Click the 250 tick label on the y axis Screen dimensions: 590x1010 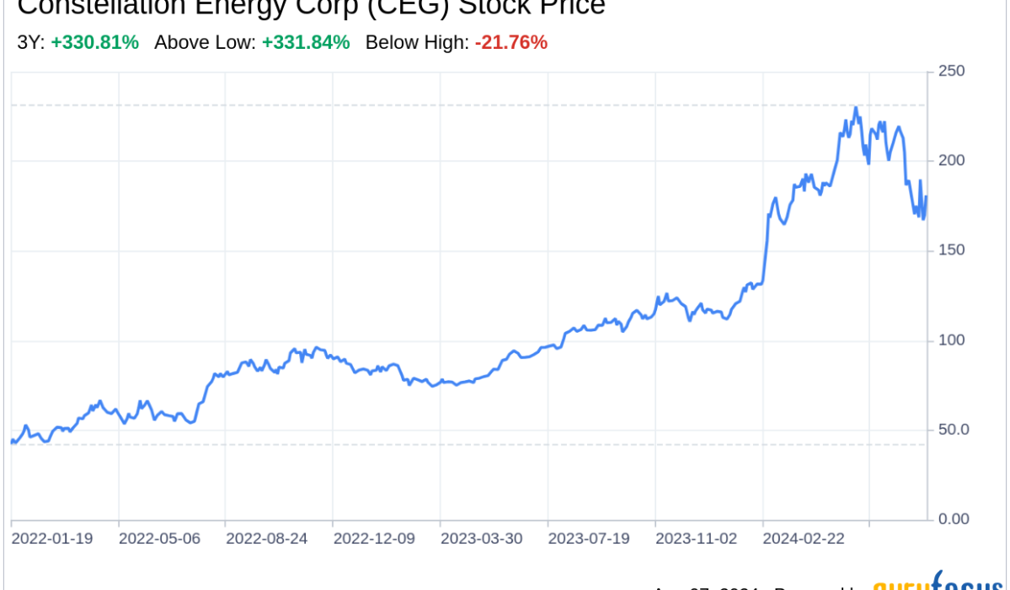951,71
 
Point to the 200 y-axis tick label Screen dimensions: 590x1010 951,160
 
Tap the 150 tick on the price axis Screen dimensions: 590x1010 951,250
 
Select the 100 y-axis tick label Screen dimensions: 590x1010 951,340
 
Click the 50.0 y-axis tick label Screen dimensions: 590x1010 954,429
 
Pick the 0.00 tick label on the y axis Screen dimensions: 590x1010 954,518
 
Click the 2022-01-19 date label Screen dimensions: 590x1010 52,538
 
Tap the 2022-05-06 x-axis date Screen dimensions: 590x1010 159,538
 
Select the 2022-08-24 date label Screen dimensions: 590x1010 267,538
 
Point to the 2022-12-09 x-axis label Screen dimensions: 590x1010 374,538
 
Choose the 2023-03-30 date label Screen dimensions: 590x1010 482,538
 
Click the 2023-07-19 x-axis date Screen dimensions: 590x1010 589,538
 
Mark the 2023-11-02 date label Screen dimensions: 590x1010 697,538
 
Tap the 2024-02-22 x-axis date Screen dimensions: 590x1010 804,538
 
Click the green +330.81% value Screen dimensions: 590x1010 94,42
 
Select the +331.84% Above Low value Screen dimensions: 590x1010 306,42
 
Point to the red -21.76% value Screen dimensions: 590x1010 511,42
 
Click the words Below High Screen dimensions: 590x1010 416,42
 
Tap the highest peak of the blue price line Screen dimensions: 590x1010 855,108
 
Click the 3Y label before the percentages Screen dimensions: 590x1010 30,42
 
